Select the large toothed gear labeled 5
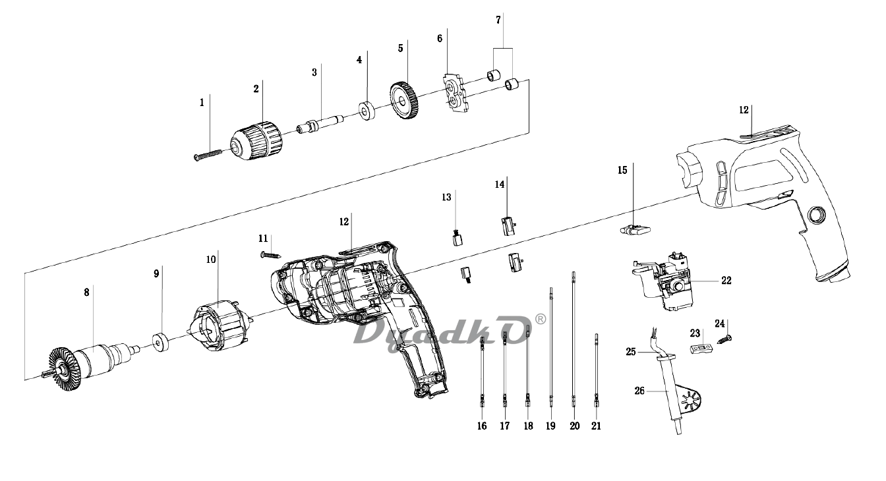click(404, 101)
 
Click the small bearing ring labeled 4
click(367, 111)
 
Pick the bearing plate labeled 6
click(455, 92)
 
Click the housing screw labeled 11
click(271, 255)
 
